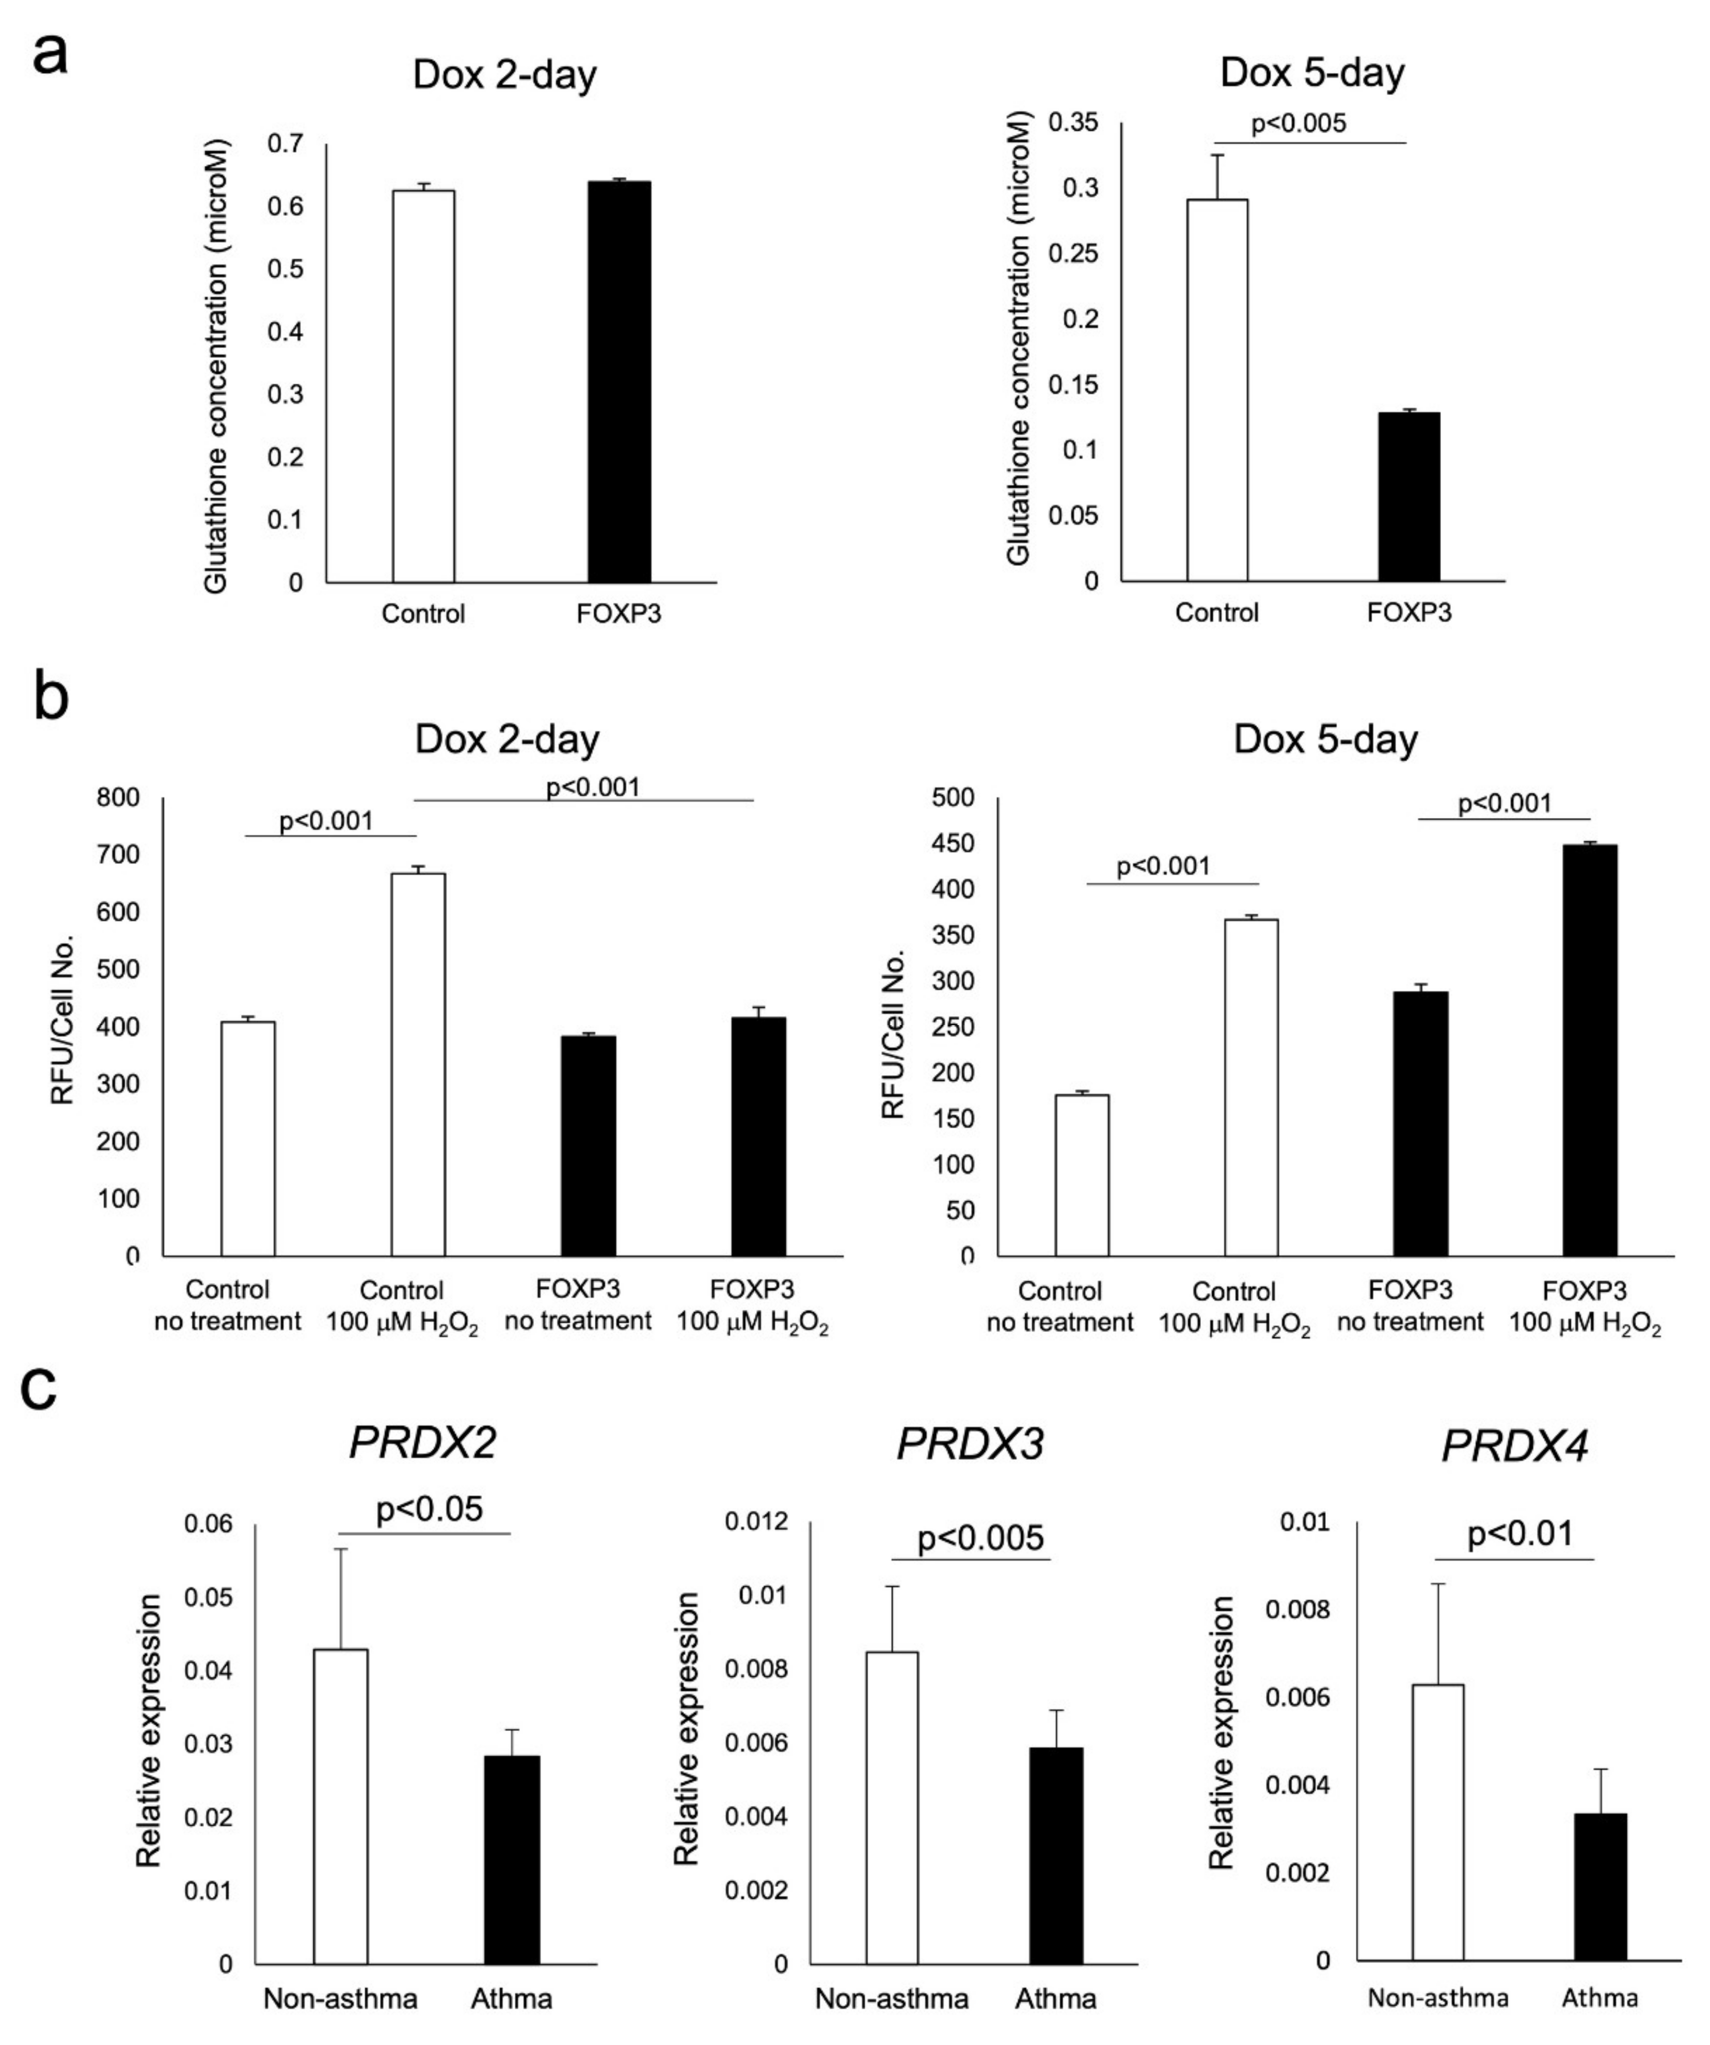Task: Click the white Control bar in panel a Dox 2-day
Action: tap(423, 387)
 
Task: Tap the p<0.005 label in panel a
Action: tap(1298, 123)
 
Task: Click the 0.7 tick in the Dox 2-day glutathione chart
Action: tap(286, 144)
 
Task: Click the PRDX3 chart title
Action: tap(970, 1443)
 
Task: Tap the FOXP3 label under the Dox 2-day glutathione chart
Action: tap(619, 613)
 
